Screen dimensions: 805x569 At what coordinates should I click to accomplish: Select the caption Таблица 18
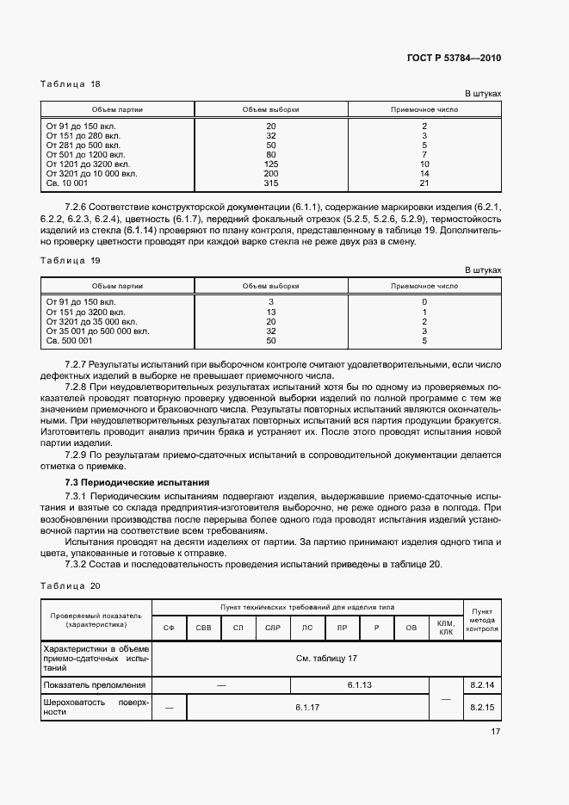[71, 84]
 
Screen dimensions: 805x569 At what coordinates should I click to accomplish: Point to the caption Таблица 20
[71, 585]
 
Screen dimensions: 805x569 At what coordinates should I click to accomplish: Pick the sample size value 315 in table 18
[271, 183]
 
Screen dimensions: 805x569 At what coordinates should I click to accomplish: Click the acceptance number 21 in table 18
[424, 183]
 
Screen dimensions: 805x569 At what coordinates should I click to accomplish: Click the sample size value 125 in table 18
[271, 164]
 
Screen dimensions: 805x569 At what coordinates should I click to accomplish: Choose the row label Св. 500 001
[69, 340]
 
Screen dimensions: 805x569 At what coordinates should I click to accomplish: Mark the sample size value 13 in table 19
[271, 312]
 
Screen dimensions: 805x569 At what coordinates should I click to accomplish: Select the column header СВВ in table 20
[203, 629]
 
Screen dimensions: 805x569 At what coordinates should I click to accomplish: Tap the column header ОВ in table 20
[411, 629]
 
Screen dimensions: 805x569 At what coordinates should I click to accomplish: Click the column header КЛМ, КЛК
[445, 628]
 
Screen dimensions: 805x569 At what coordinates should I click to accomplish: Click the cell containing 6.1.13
[359, 684]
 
